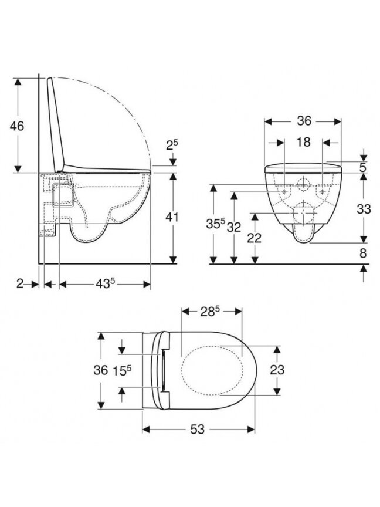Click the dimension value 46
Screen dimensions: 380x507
click(16, 126)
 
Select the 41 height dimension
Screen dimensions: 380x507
click(172, 217)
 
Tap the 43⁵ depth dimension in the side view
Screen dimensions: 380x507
click(105, 283)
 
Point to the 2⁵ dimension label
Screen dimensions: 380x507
click(172, 145)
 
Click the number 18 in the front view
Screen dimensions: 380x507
click(303, 141)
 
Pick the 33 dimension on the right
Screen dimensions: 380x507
click(364, 209)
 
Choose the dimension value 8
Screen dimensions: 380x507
click(363, 253)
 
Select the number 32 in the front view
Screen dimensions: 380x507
click(233, 227)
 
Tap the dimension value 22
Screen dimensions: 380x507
click(255, 238)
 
